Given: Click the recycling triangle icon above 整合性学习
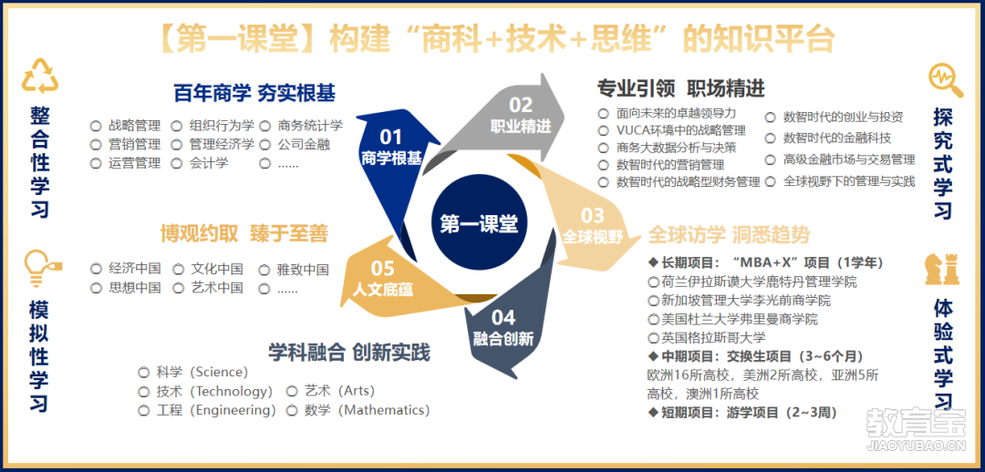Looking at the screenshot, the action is coord(39,76).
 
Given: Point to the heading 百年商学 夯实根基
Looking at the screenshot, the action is coord(254,94).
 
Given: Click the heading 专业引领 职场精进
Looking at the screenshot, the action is coord(680,89).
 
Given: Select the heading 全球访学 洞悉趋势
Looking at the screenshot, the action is coord(729,235).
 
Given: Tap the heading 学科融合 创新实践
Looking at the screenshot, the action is coord(349,353).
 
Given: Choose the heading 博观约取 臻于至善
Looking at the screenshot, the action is coord(244,233).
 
